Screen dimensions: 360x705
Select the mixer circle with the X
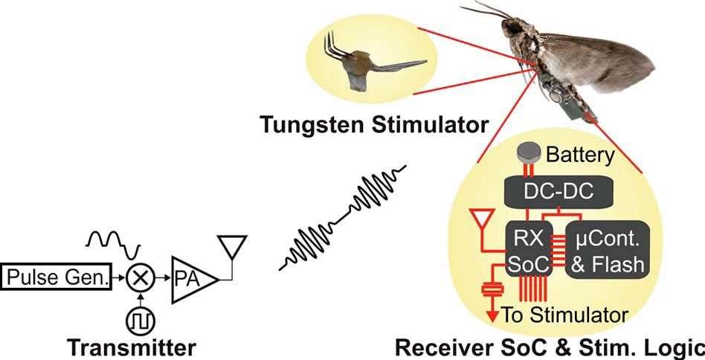(x=139, y=278)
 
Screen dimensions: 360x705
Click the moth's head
(x=512, y=30)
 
